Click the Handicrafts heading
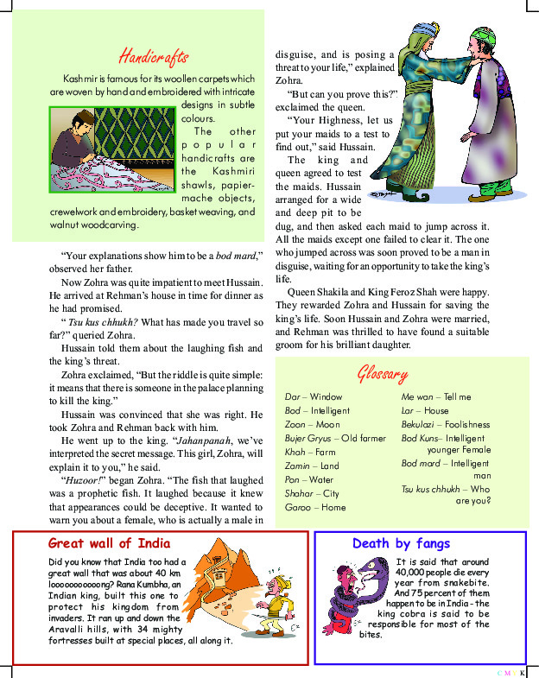pyautogui.click(x=153, y=57)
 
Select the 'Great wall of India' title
pyautogui.click(x=109, y=543)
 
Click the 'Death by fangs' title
pyautogui.click(x=401, y=543)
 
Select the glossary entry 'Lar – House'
pyautogui.click(x=425, y=410)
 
